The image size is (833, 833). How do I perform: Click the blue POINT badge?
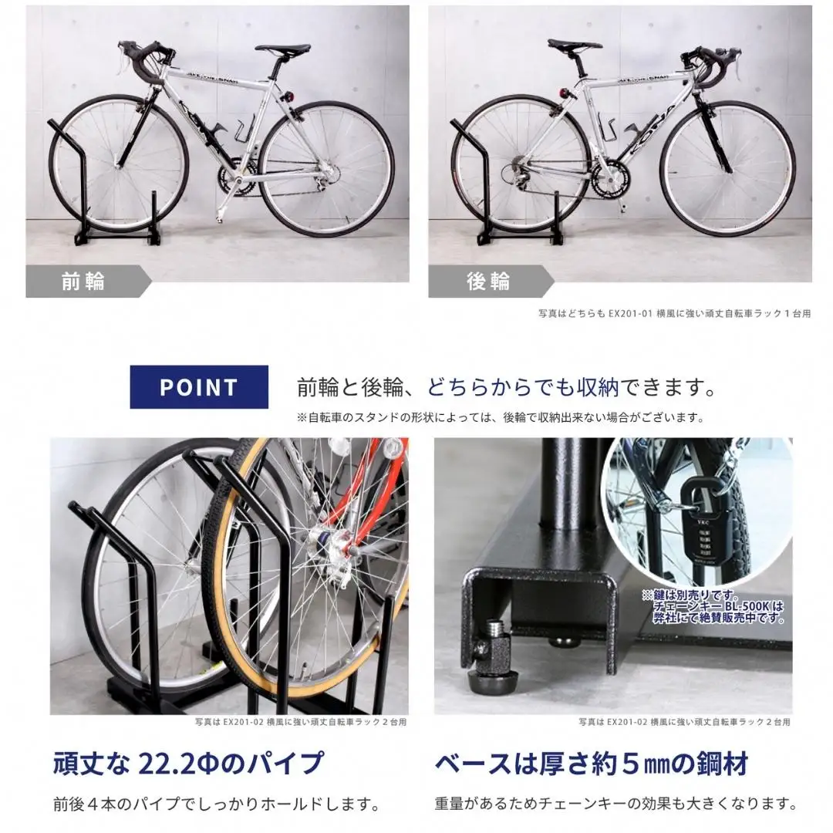(199, 386)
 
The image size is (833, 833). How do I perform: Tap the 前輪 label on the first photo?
(83, 282)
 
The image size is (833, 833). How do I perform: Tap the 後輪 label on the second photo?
(487, 282)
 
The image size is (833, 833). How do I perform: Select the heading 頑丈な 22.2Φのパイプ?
(188, 764)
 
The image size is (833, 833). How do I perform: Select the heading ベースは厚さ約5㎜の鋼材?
(591, 764)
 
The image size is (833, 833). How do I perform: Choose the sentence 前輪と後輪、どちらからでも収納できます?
(505, 385)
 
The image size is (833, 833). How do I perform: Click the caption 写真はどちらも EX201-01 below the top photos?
(674, 314)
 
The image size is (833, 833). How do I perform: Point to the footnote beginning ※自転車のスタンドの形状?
(501, 418)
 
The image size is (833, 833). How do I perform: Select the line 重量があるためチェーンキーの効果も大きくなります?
(615, 803)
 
